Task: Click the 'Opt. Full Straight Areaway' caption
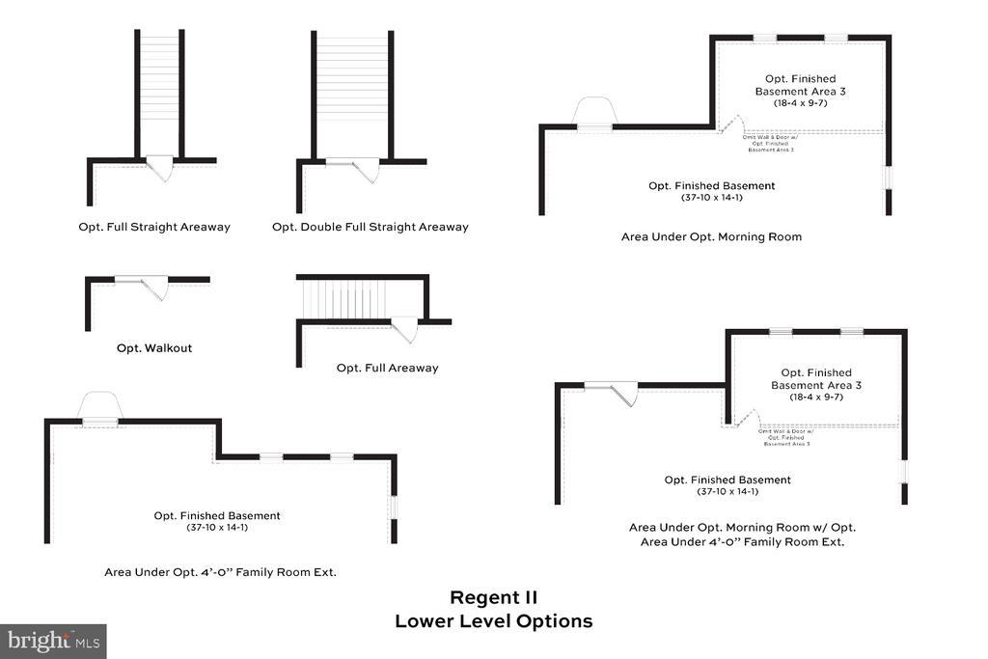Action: click(x=154, y=228)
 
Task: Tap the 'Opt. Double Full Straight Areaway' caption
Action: click(x=370, y=228)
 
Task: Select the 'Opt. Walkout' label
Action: click(x=154, y=348)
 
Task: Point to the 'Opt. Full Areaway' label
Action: click(x=387, y=368)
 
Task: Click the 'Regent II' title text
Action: click(x=493, y=598)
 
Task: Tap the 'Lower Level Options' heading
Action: click(x=493, y=621)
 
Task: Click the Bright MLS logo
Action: click(x=53, y=641)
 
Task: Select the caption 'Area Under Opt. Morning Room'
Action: click(x=711, y=236)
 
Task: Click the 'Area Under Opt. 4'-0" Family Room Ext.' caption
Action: click(x=220, y=572)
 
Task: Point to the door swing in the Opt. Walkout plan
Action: click(x=154, y=287)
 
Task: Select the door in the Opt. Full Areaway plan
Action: click(x=404, y=329)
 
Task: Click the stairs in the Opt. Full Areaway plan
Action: click(x=347, y=299)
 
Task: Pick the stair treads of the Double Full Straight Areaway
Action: click(x=351, y=92)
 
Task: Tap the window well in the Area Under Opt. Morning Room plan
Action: click(x=594, y=112)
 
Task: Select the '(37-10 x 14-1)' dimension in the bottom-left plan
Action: click(x=217, y=527)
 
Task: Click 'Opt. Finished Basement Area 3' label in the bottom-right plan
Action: click(x=815, y=379)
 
